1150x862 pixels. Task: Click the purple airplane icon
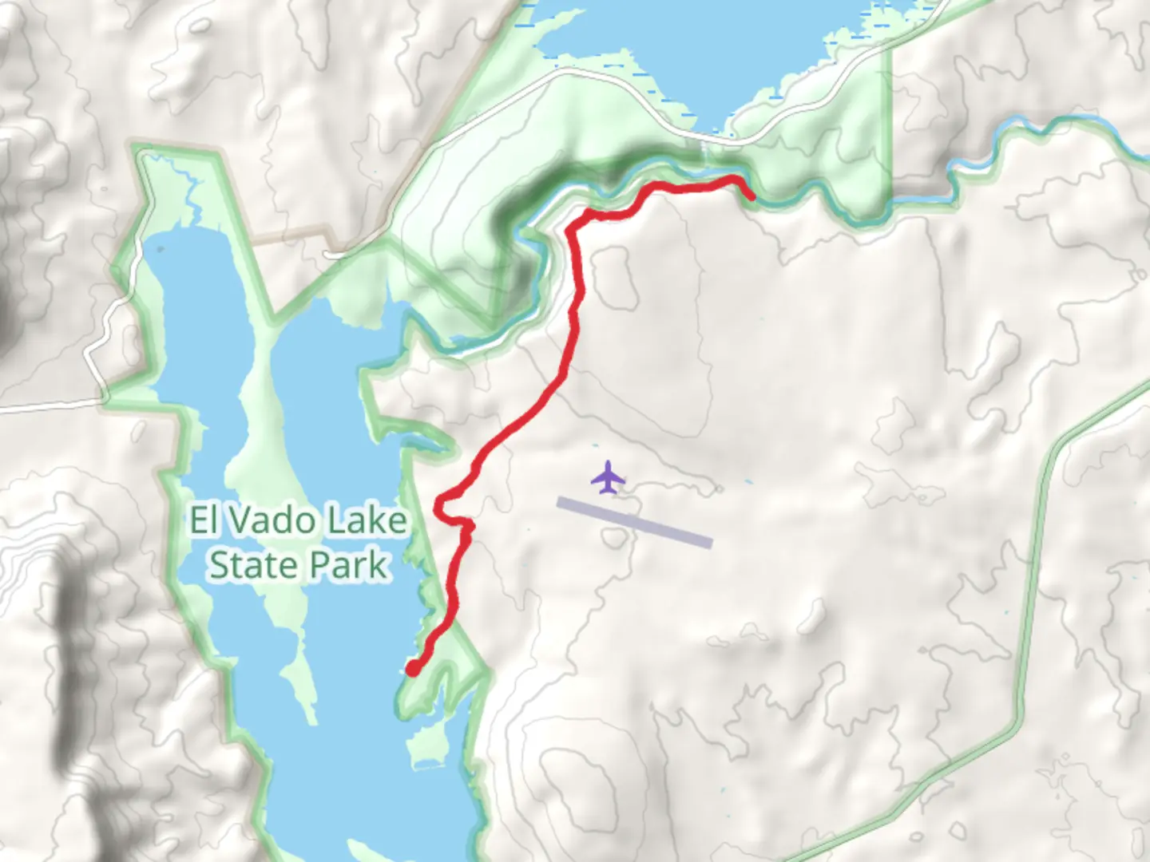[609, 476]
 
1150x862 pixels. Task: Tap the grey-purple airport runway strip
[634, 523]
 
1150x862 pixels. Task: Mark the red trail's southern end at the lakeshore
[413, 669]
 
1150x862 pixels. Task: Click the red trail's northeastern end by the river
[750, 196]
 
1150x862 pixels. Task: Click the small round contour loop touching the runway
[613, 539]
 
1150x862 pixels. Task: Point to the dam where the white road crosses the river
[704, 152]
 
